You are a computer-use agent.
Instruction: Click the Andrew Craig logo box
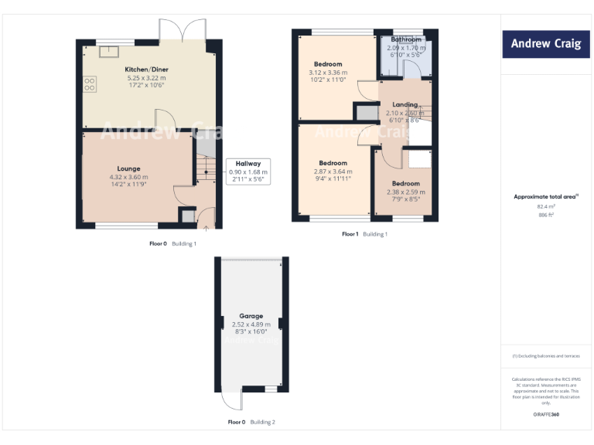point(546,44)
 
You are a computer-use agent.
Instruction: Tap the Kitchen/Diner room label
point(147,70)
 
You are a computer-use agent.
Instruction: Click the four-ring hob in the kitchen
point(89,83)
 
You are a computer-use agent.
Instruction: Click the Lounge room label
point(128,168)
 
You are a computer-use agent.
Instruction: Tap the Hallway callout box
point(248,171)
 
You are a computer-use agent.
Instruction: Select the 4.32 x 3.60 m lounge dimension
point(128,177)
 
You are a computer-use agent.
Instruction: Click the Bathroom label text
point(406,39)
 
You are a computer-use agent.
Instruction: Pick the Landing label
point(405,104)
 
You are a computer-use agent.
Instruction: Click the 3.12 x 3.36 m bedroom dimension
point(328,73)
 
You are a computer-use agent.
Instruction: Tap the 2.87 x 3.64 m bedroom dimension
point(333,172)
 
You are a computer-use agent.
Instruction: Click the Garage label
point(251,316)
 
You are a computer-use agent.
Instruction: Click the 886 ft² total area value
point(546,215)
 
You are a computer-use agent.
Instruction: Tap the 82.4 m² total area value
point(546,206)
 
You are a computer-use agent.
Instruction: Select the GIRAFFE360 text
point(546,415)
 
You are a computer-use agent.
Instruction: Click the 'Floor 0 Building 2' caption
point(251,423)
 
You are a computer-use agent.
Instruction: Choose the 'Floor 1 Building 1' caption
point(364,234)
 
